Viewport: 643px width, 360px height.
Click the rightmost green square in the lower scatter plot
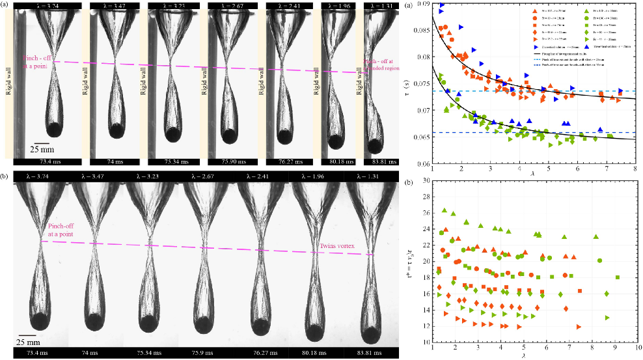pos(618,277)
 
